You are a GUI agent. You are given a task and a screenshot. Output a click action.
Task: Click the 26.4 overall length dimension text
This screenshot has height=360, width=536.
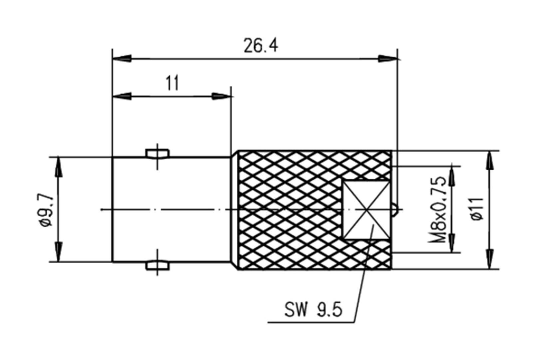point(260,46)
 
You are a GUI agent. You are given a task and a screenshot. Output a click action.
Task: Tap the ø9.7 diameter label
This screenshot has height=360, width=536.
point(45,210)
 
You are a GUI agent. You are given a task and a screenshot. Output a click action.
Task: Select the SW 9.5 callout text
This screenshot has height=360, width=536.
point(313,310)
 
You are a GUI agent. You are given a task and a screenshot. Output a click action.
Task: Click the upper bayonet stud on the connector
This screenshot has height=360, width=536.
point(158,153)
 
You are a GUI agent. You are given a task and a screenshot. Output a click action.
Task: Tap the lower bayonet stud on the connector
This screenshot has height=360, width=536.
point(158,266)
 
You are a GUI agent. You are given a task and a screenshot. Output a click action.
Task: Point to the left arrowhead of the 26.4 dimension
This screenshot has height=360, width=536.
point(122,59)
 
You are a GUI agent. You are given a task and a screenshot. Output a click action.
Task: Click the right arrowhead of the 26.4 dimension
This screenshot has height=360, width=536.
point(388,59)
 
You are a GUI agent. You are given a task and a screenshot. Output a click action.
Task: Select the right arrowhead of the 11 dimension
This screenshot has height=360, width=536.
point(222,96)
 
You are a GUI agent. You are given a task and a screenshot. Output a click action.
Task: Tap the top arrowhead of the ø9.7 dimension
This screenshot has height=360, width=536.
point(59,166)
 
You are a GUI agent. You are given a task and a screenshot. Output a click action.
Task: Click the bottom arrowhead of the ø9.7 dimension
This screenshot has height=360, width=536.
point(59,253)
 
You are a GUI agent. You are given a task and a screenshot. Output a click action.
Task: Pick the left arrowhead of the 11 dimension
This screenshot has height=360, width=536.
point(122,96)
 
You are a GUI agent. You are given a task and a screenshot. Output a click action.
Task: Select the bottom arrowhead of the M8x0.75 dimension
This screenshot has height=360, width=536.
point(452,244)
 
